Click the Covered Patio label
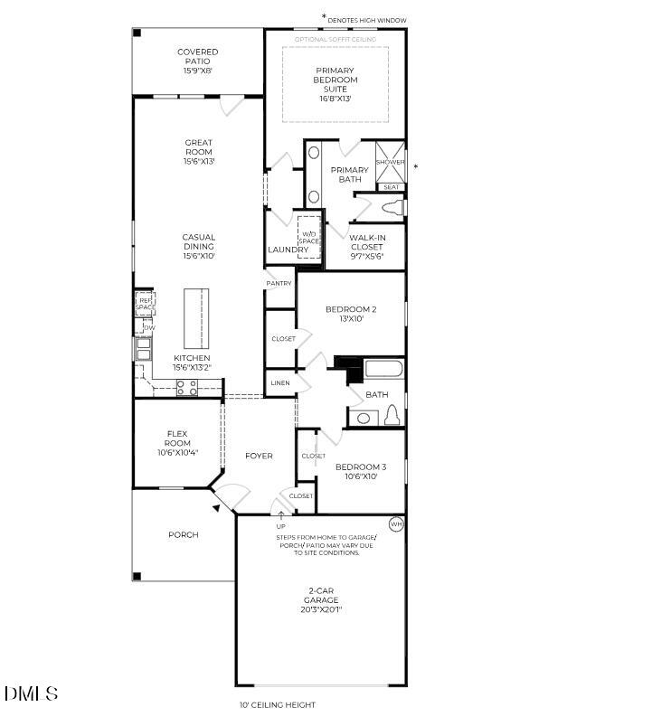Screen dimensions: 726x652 197,61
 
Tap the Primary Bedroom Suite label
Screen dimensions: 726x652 335,80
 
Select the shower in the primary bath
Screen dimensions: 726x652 390,160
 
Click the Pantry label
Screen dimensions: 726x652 279,284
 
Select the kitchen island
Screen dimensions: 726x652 196,318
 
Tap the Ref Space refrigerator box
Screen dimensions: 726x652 146,304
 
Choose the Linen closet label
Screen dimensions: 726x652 279,384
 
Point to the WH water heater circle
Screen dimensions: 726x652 396,524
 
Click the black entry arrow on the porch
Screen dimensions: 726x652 216,509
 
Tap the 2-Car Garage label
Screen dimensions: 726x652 321,599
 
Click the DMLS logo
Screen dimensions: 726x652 32,694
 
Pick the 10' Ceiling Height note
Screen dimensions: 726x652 277,705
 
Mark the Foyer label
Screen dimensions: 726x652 259,456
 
